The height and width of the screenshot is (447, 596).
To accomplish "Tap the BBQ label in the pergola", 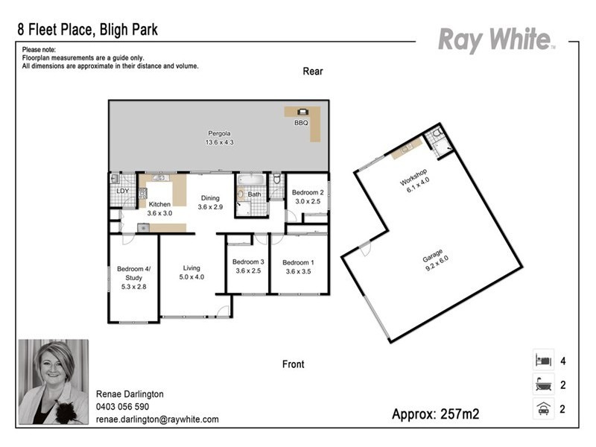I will [x=301, y=123].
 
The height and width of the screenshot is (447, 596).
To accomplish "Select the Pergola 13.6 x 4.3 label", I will [x=221, y=138].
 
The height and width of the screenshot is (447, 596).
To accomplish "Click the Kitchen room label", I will [x=159, y=209].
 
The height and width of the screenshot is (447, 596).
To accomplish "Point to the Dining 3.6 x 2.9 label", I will [x=211, y=203].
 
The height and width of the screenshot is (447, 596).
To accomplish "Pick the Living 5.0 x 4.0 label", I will [x=191, y=273].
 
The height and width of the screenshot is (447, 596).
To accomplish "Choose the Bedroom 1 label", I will [x=297, y=267].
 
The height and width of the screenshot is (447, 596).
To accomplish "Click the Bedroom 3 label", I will [x=247, y=267].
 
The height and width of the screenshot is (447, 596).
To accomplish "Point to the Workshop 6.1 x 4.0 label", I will [x=413, y=183].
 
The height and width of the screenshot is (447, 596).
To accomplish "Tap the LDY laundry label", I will [x=122, y=191].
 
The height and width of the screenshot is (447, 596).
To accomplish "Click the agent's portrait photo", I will [x=53, y=381].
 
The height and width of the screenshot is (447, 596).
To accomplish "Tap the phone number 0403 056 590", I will [x=123, y=407].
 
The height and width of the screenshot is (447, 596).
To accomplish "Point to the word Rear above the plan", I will [x=313, y=72].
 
